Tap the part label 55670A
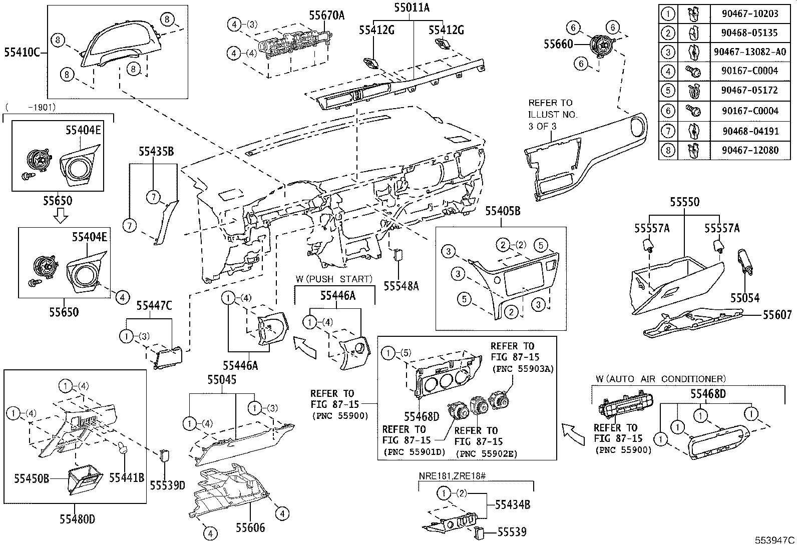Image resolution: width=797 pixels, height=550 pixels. [x=326, y=16]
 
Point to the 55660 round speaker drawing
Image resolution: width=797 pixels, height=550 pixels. [x=600, y=48]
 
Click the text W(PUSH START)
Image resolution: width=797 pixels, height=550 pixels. [x=334, y=279]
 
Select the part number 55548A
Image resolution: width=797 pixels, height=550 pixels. [x=401, y=286]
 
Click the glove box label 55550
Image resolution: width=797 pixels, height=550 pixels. [x=684, y=202]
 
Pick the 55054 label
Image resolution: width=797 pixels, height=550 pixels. [x=744, y=298]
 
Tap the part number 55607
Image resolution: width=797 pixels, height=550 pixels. [x=777, y=315]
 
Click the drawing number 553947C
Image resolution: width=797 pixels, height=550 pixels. [x=774, y=540]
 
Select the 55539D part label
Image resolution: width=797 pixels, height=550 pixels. [x=167, y=485]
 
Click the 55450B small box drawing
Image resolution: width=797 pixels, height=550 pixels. [x=84, y=480]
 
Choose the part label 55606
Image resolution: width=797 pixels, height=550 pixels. [x=250, y=527]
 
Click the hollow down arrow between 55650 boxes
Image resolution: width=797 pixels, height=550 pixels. [x=60, y=216]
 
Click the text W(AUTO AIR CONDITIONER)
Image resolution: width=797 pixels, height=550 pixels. [x=661, y=379]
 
